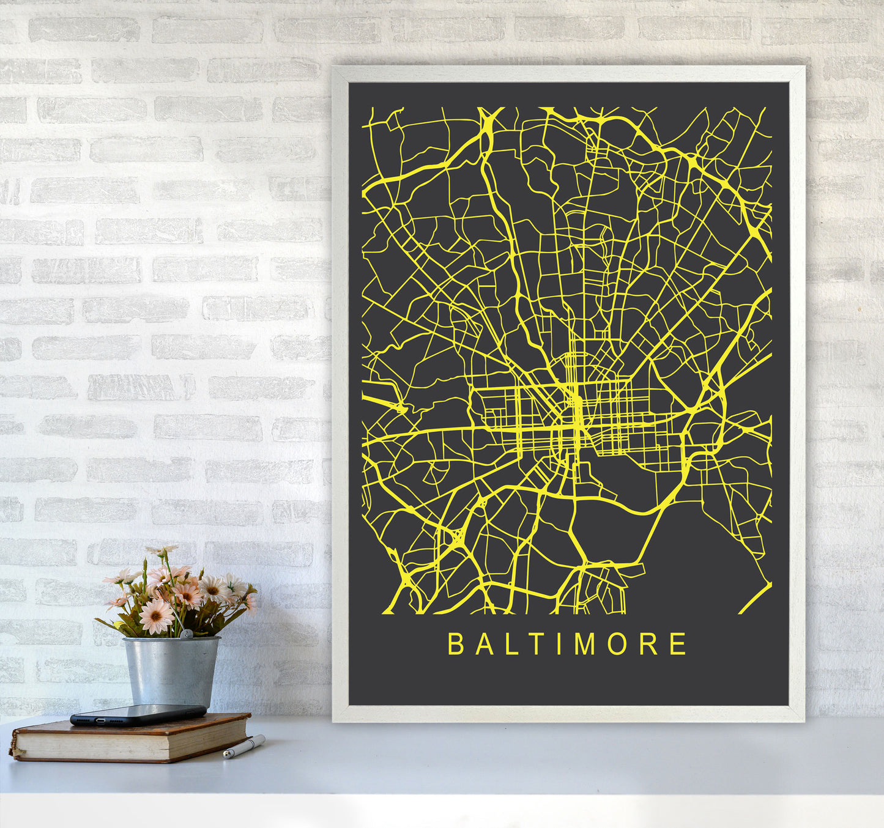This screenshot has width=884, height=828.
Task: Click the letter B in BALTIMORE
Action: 456,644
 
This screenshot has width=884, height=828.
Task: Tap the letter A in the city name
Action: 485,644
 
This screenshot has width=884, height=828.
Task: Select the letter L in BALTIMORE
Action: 512,644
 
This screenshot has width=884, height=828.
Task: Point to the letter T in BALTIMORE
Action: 536,644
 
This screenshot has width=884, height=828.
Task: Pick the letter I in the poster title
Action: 558,644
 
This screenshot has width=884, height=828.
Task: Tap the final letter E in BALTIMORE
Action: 678,644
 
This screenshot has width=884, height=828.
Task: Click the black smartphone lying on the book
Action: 138,714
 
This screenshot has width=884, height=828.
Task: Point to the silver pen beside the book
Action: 244,747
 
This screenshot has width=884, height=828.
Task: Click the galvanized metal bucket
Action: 171,670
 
